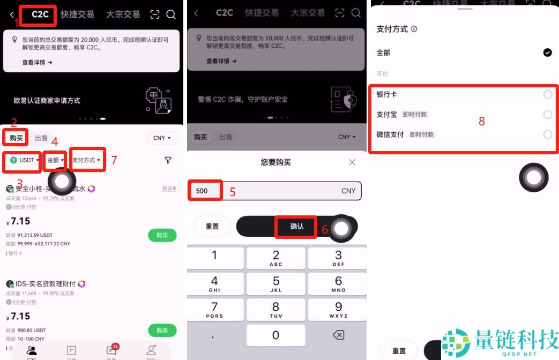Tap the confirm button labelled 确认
297,227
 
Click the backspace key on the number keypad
338,335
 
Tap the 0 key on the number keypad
275,335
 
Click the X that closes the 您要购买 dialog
352,162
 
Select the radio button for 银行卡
547,95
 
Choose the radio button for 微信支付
547,134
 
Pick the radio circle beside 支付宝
547,115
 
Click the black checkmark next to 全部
547,52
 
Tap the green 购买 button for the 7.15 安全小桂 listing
162,235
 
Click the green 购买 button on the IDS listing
162,330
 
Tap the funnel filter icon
168,160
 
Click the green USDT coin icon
13,160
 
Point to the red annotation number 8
481,122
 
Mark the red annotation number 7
114,160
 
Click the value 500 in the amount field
202,191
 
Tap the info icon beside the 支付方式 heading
414,29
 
